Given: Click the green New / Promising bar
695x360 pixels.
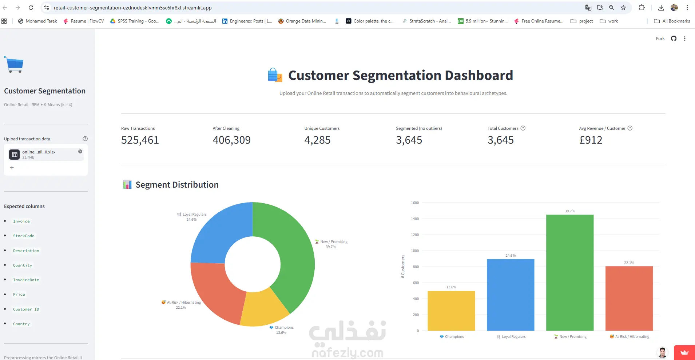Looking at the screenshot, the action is tap(570, 273).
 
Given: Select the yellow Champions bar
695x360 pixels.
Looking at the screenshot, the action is tap(451, 311).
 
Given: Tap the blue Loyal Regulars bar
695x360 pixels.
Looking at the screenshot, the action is tap(511, 295).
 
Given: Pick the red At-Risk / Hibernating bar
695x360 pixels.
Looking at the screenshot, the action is tap(629, 299).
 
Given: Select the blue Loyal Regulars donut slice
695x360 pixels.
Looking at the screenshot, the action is tap(218, 233).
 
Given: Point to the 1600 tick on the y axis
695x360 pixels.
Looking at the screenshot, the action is tap(415, 203).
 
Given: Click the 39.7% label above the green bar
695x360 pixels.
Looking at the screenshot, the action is tap(570, 211).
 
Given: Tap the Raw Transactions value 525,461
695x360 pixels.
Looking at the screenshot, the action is tap(140, 140).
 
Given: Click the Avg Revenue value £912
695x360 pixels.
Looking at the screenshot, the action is tap(591, 140).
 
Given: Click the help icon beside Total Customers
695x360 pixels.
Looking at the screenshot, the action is tap(523, 128).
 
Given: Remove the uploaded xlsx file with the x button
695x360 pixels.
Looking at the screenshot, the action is tap(80, 151).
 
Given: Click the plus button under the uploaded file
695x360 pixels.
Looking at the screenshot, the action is tap(12, 168).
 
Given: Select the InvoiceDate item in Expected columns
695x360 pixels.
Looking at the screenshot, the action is tap(26, 280).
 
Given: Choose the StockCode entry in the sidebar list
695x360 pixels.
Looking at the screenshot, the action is tap(24, 236).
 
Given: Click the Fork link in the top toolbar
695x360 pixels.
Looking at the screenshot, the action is tap(660, 39).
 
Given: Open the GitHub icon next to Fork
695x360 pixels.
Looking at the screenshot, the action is tap(674, 39).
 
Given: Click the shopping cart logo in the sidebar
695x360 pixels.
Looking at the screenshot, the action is tap(14, 65).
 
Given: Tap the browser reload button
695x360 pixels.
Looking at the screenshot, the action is tap(31, 8).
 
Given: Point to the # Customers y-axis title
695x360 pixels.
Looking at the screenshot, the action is tap(403, 267).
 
